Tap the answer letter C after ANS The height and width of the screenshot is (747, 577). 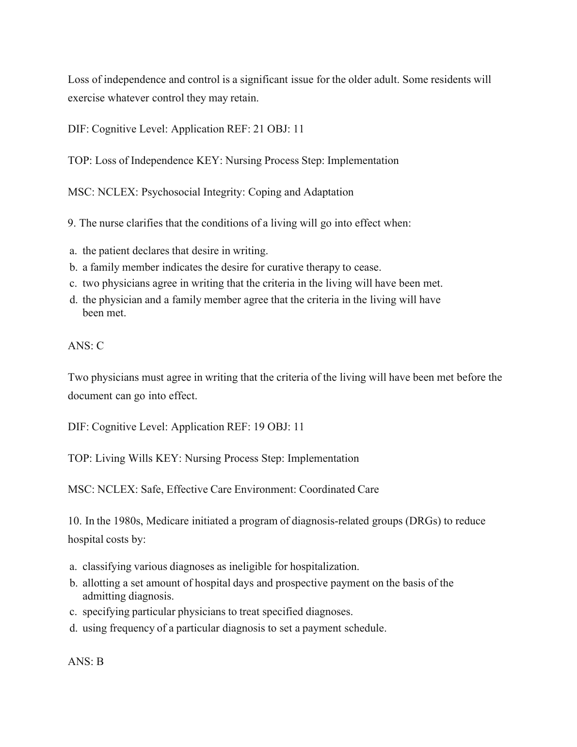100,346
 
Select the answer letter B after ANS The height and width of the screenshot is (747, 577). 100,662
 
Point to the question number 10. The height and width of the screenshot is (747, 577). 74,521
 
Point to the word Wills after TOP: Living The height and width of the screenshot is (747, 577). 140,458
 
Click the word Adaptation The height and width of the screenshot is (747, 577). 328,192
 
